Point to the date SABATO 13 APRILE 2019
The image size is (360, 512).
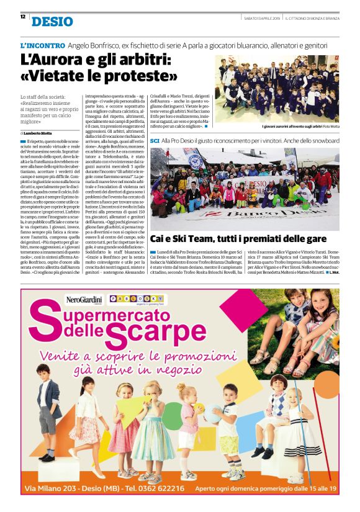[261, 18]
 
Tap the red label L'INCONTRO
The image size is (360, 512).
[41, 46]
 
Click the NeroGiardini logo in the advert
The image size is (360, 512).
[86, 300]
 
